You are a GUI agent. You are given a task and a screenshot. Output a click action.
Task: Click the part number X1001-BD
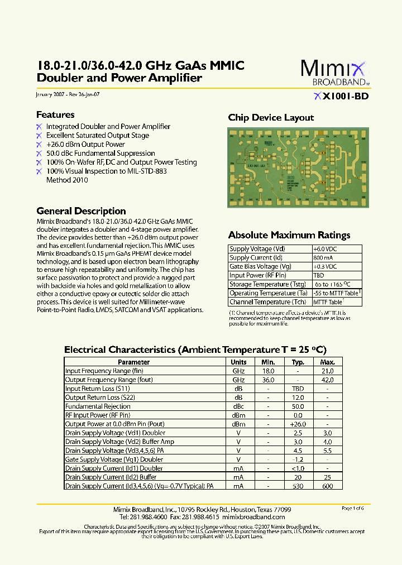[x=341, y=96]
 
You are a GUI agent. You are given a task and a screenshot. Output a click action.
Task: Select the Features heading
[x=55, y=114]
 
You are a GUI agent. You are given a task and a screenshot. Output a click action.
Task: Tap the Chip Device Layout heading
[x=271, y=118]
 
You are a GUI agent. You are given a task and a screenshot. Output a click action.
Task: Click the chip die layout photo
[x=297, y=167]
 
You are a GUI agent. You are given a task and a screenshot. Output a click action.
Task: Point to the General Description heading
[x=81, y=211]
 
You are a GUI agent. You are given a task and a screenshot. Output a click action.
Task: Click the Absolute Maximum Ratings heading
[x=289, y=235]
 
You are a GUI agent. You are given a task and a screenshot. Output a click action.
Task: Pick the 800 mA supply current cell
[x=323, y=258]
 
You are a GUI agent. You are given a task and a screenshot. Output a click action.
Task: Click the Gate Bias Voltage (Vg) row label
[x=260, y=267]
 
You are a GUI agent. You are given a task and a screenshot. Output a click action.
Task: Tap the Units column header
[x=239, y=362]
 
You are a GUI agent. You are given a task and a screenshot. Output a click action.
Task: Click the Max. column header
[x=328, y=362]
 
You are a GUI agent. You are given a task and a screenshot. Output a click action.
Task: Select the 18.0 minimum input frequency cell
[x=269, y=371]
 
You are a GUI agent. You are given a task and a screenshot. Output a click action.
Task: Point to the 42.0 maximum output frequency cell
[x=328, y=380]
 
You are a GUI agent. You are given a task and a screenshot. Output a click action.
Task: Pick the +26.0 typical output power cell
[x=298, y=424]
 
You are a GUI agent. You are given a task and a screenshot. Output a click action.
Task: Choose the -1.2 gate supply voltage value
[x=298, y=459]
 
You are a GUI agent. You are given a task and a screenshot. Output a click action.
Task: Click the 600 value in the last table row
[x=328, y=486]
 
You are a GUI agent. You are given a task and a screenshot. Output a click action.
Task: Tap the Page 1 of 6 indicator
[x=352, y=508]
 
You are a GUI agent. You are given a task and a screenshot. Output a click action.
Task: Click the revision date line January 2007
[x=68, y=94]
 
